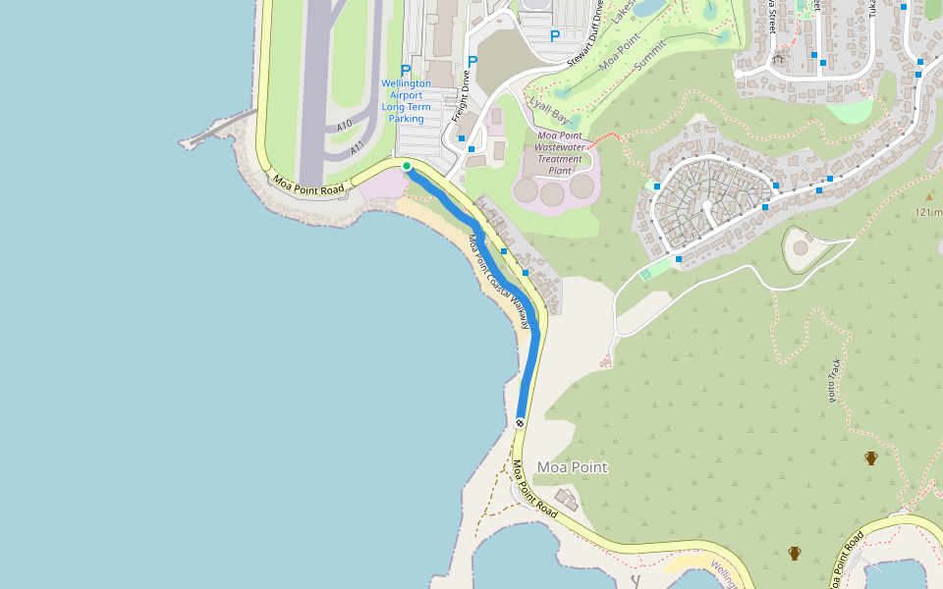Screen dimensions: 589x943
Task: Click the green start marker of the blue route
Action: (x=407, y=166)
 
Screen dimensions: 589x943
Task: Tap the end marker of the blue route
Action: (x=520, y=423)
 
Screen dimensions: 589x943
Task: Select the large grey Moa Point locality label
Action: (x=572, y=467)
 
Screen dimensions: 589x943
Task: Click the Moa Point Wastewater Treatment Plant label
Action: (x=559, y=153)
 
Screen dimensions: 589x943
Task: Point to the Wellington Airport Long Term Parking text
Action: (x=406, y=101)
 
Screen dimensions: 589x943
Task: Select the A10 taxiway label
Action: (x=344, y=127)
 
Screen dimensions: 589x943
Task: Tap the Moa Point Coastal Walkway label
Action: (x=498, y=281)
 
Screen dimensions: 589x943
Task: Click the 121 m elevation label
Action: (x=928, y=212)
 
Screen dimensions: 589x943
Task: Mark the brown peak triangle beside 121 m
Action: (x=928, y=197)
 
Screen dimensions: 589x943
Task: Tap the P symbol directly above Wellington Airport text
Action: (x=406, y=71)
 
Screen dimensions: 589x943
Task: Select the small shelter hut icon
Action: (x=779, y=58)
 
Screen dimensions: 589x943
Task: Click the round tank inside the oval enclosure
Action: (x=801, y=247)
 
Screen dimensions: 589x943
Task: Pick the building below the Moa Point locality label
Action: (x=566, y=500)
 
